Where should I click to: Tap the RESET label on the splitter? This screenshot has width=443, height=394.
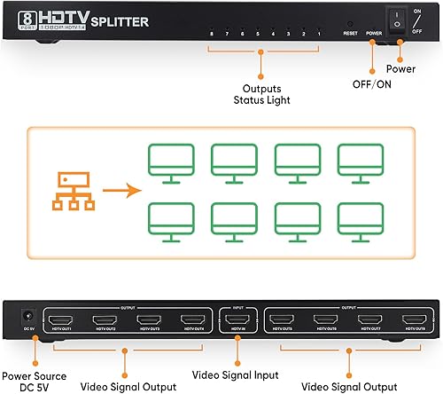(x=351, y=33)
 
